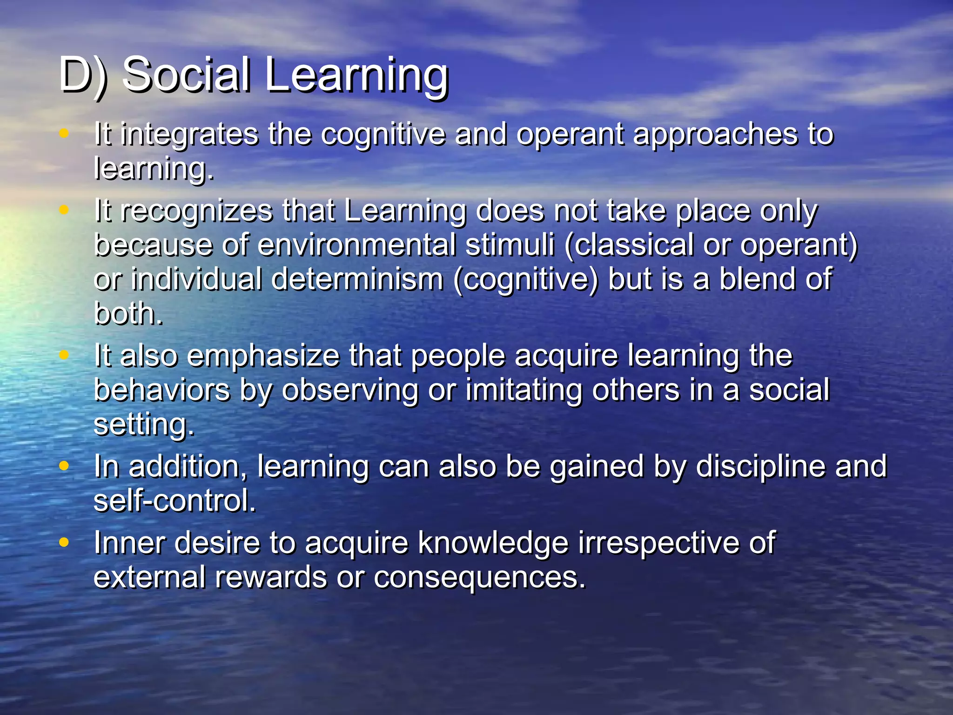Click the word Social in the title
(x=186, y=74)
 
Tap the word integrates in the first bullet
(x=189, y=135)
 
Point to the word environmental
(x=356, y=245)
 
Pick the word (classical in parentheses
(x=629, y=245)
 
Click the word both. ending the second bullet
(x=128, y=314)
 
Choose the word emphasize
(x=263, y=356)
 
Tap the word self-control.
(x=174, y=501)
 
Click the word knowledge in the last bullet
(x=493, y=543)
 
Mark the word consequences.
(x=479, y=578)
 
